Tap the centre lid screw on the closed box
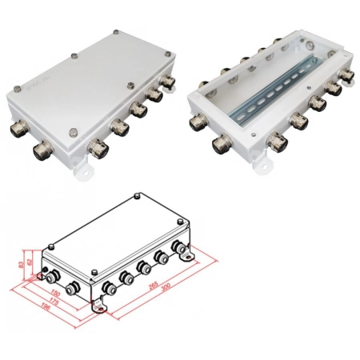click(x=74, y=58)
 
